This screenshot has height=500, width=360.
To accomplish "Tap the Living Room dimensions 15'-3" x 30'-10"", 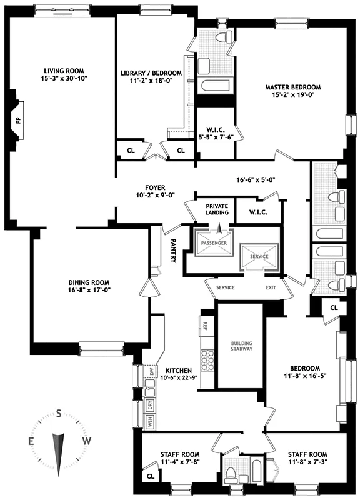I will (x=64, y=80).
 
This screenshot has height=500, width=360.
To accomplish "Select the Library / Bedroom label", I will (x=153, y=74).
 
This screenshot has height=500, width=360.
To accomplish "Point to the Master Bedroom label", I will (x=292, y=87).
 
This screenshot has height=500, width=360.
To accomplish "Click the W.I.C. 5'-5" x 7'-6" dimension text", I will (x=215, y=139).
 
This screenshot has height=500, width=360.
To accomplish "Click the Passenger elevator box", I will (x=213, y=244).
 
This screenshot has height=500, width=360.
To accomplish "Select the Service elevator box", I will (x=259, y=256).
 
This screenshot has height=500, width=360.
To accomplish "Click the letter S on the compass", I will (x=59, y=413).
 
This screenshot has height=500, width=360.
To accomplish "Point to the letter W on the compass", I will (x=87, y=441).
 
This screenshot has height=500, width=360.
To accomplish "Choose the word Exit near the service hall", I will (x=271, y=287).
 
